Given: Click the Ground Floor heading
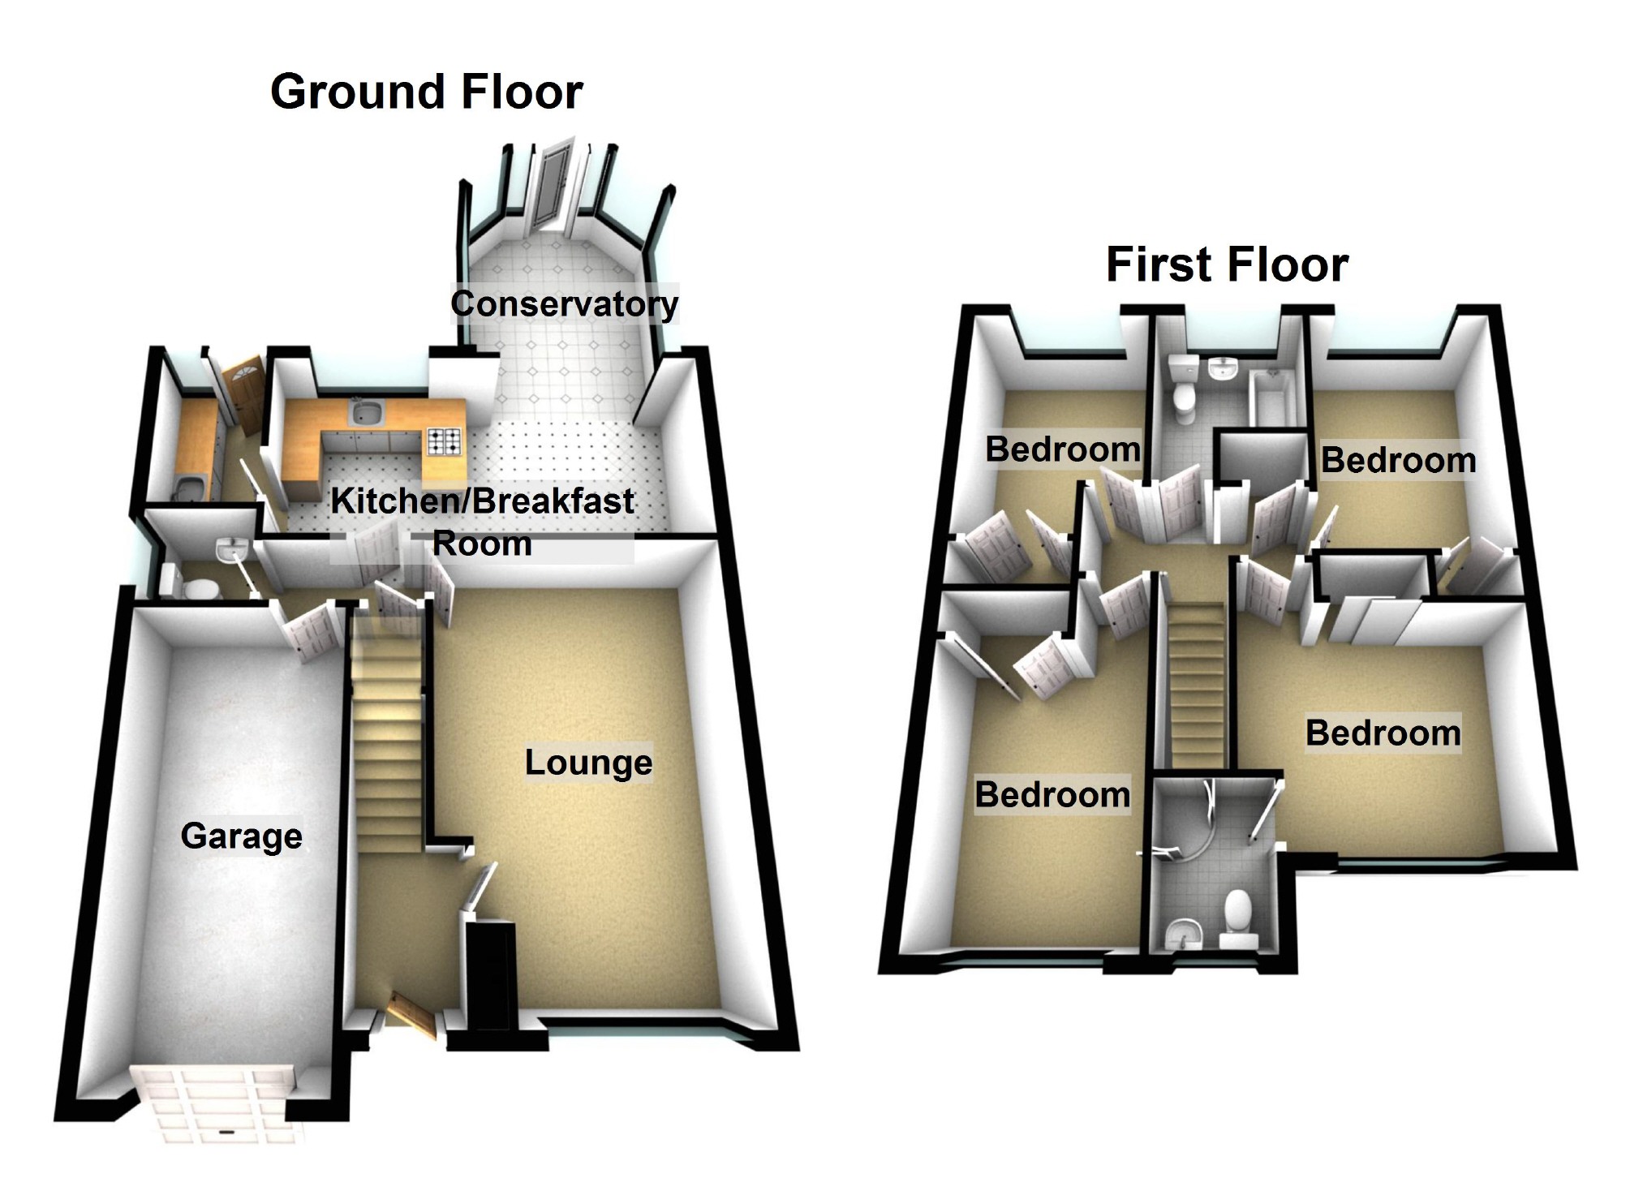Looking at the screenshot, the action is pos(426,91).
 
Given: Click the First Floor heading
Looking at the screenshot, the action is pos(1227,264).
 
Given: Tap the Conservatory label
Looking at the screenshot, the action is pos(565,304).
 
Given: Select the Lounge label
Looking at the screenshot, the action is pos(588,762).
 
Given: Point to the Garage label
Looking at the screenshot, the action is pos(241,836).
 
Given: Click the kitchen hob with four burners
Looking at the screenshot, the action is pos(444,441).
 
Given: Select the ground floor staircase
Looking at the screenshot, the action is pos(388,730).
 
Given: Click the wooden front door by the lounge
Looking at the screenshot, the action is pos(411,1014).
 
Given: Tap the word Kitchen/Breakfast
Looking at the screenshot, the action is pos(482,501).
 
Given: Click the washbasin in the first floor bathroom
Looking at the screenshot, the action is pos(1221,370).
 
